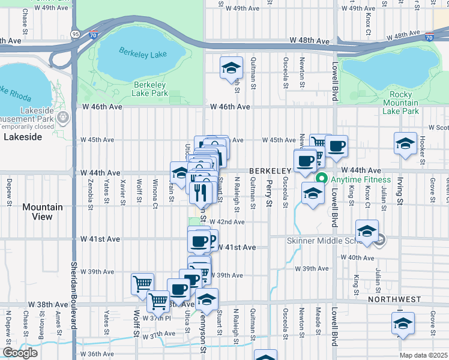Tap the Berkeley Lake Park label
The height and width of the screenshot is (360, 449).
point(150,89)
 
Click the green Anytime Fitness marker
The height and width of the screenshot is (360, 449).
point(321,178)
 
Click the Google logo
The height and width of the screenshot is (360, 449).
point(20,352)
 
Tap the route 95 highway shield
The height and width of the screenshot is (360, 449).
point(74,34)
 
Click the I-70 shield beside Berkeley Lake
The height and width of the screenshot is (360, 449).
point(92,36)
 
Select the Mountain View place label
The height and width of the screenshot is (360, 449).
point(43,212)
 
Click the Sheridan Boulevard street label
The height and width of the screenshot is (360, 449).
point(74,294)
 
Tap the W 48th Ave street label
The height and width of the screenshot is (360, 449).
point(310,41)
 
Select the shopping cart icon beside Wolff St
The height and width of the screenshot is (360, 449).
point(142,283)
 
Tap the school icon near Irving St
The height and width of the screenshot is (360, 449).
point(405,143)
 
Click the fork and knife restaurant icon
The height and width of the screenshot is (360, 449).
point(200,192)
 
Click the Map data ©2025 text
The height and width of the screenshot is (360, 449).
point(423,355)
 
